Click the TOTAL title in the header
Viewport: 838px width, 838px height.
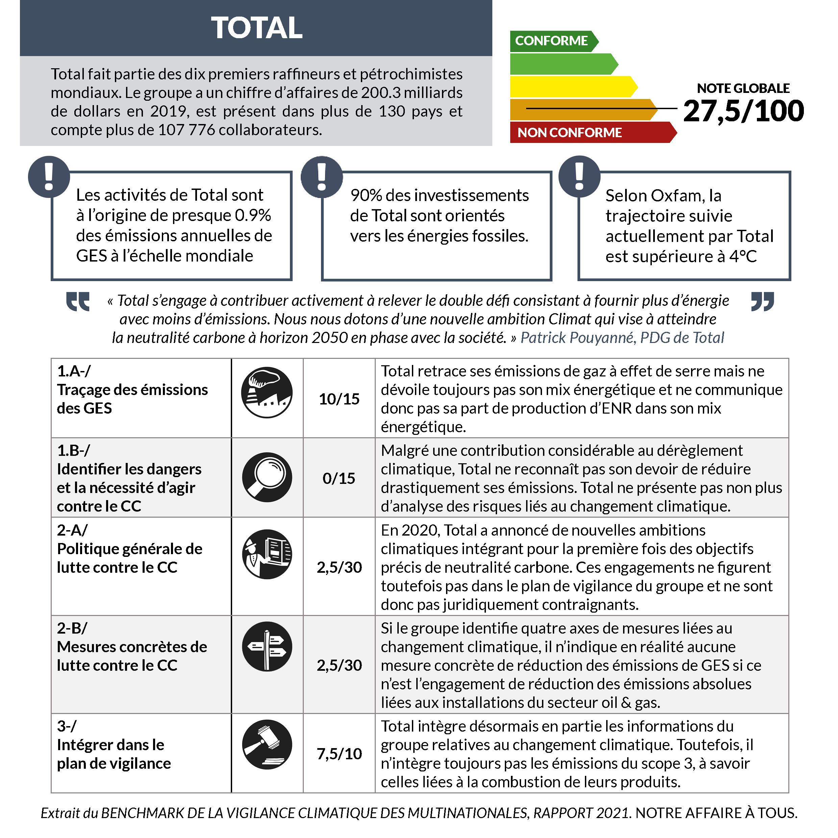point(256,28)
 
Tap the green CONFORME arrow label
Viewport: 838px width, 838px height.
point(552,41)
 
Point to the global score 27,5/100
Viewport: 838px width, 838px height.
point(743,111)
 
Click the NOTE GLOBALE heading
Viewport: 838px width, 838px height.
point(743,89)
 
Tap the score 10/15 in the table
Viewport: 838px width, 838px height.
point(339,399)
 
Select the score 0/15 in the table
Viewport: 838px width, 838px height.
point(339,478)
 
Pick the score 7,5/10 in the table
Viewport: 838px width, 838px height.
point(339,754)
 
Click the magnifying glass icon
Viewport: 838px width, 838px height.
point(267,477)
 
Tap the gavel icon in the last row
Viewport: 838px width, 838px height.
point(267,745)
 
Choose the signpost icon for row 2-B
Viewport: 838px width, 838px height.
point(267,646)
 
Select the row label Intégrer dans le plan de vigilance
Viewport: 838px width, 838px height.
point(114,754)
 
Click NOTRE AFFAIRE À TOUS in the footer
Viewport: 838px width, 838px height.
point(716,813)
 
